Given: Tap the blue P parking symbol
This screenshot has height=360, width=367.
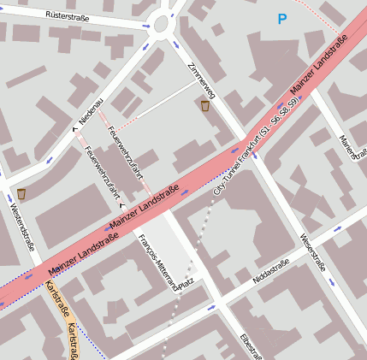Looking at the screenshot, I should click(282, 18).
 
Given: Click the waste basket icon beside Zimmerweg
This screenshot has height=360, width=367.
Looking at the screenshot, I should click(205, 107).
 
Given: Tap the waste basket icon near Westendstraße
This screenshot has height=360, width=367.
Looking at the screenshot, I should click(21, 193).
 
